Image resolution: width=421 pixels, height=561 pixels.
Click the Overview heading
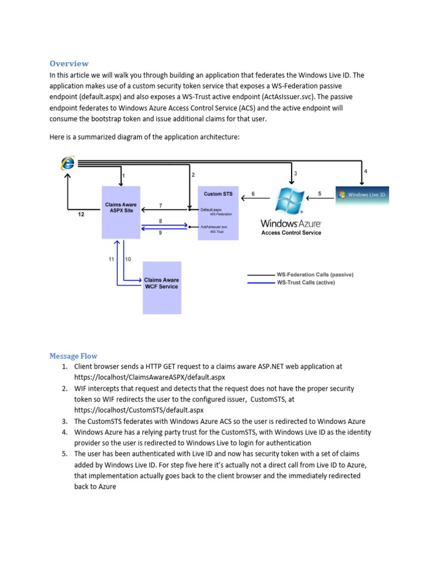[69, 64]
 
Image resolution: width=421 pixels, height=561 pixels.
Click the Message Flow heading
[73, 356]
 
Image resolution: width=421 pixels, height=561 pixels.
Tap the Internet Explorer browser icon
[68, 163]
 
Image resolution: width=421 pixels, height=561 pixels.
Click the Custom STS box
[218, 214]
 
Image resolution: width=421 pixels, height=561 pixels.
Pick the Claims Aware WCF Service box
[161, 287]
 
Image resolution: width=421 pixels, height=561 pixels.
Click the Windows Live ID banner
[362, 194]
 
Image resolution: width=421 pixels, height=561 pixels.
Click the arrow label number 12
[81, 215]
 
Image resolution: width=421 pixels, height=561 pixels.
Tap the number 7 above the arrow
[160, 205]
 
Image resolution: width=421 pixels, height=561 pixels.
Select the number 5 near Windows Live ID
[320, 193]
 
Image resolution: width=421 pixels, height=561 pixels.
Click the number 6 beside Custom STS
[253, 193]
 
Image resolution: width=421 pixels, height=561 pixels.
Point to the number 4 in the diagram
[366, 171]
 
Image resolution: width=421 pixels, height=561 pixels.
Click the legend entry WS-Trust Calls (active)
[305, 283]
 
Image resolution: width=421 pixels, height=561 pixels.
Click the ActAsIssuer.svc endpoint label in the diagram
[214, 226]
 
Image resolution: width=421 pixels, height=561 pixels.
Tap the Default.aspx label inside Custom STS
[210, 209]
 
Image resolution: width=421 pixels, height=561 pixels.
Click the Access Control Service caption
[291, 233]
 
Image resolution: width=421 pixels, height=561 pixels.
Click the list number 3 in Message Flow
[64, 421]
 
